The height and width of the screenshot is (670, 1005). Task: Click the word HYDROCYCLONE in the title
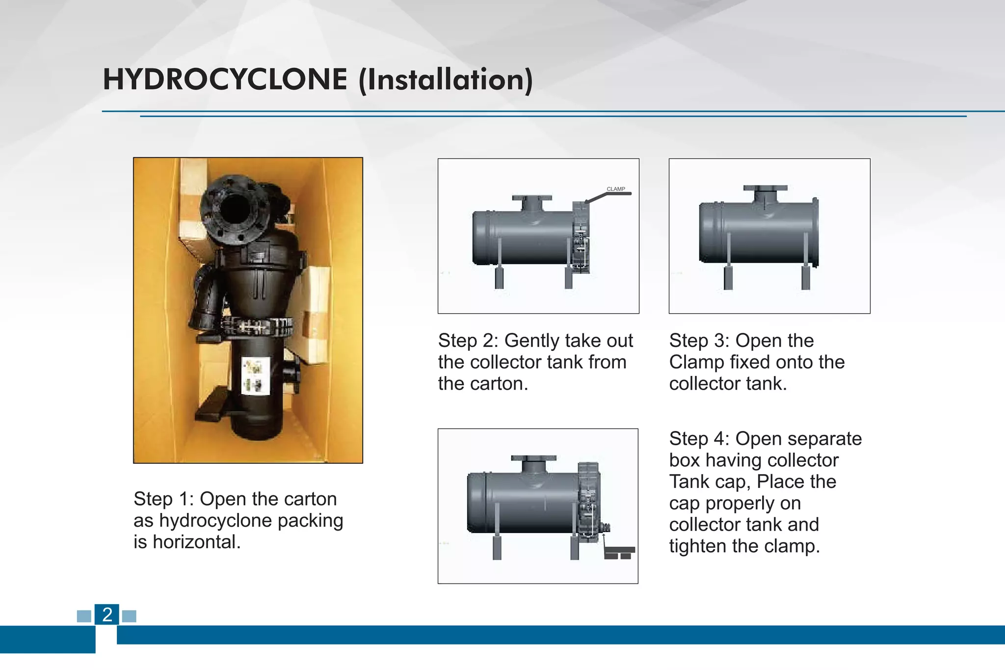(x=225, y=80)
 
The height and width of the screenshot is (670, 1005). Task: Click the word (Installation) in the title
(x=446, y=80)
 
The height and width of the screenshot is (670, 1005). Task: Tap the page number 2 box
(x=107, y=615)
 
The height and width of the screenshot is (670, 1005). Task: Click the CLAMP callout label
(x=615, y=189)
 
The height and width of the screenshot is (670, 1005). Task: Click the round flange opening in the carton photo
(x=236, y=209)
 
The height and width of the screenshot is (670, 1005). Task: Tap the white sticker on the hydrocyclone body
(x=256, y=375)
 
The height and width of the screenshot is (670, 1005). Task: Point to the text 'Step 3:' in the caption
(x=699, y=341)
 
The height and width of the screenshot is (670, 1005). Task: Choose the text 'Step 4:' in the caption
(x=699, y=439)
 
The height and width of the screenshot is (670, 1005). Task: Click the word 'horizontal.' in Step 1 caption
(x=196, y=542)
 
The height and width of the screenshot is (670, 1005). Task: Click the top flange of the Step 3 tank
(x=765, y=188)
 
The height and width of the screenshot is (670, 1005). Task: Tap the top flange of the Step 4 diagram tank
(x=533, y=458)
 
